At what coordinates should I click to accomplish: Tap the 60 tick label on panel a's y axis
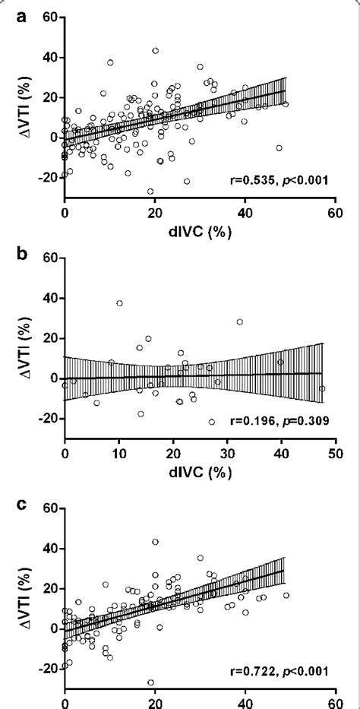47,17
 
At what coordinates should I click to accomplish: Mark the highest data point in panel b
119,303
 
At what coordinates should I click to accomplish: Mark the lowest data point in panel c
150,682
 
